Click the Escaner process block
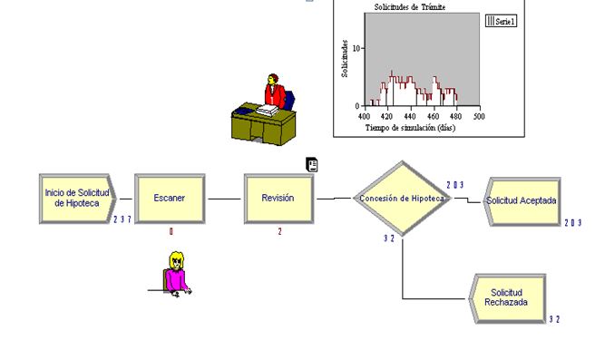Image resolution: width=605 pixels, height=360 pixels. [170, 198]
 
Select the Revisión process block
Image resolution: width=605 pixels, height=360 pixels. [278, 198]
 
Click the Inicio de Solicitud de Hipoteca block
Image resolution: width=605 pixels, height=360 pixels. [76, 198]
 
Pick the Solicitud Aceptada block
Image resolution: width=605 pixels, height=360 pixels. [521, 200]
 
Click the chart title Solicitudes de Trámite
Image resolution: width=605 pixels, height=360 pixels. [410, 7]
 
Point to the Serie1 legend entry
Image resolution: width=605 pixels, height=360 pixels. [502, 21]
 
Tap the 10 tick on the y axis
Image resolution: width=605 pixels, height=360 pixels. [357, 48]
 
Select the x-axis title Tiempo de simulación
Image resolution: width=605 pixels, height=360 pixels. [410, 128]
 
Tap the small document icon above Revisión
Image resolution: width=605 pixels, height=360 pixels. [312, 164]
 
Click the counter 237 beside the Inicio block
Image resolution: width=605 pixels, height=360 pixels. [122, 219]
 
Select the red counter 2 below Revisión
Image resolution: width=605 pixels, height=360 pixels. [279, 231]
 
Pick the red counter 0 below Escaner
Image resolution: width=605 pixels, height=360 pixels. [170, 231]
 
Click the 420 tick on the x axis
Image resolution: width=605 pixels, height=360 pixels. [387, 116]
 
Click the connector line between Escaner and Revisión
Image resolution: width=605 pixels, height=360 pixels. [224, 198]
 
